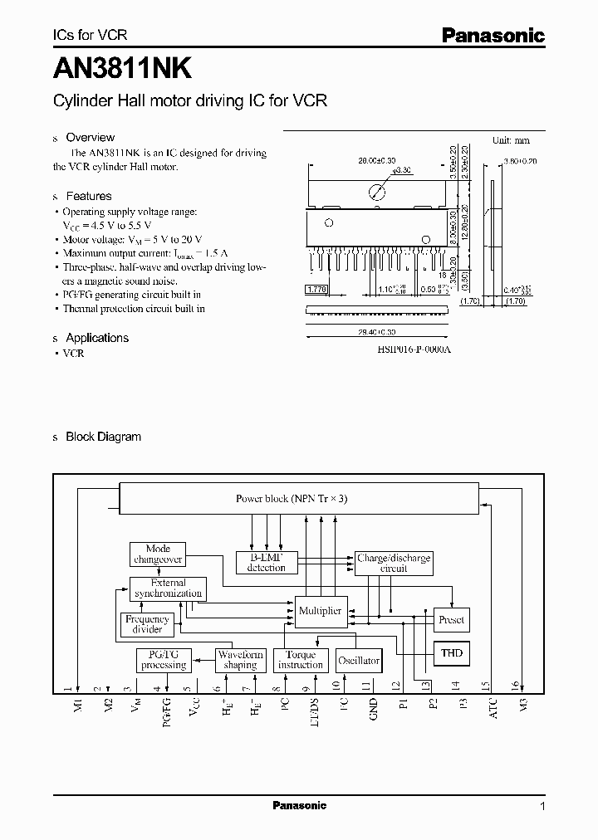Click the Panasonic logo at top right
492,35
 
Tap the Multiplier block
320,611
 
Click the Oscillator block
359,661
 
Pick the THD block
452,653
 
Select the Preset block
452,619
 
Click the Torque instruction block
300,660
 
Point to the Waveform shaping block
240,660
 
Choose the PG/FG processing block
164,660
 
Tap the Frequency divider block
147,623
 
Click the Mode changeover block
158,554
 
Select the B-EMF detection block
266,563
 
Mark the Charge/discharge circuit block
394,563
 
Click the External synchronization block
168,588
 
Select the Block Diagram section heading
103,437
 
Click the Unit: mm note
510,141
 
